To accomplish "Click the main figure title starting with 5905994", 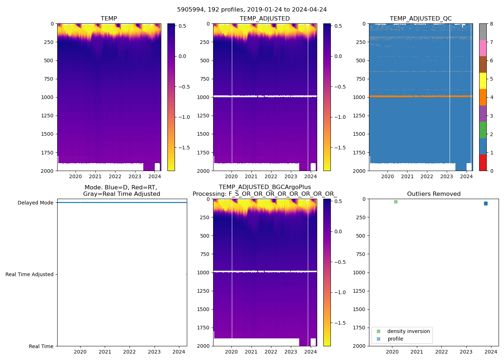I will [252, 10].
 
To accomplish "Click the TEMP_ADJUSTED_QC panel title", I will [420, 19].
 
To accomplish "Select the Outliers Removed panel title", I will [434, 194].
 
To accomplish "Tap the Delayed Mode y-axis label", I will [35, 203].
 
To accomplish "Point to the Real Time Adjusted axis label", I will [30, 274].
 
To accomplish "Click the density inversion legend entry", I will [408, 331].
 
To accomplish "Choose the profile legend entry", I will [395, 339].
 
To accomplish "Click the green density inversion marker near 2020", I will [396, 202].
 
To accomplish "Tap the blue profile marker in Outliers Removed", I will [486, 203].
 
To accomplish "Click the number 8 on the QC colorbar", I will [491, 24].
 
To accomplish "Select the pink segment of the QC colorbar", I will [483, 48].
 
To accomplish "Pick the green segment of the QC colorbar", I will [483, 130].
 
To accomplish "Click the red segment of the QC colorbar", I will [483, 163].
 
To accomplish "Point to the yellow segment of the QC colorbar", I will [483, 81].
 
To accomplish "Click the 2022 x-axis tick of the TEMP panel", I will [115, 176].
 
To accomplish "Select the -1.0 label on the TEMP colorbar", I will [184, 117].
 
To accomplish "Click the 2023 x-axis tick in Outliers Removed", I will [466, 352].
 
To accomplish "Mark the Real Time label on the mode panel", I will [41, 346].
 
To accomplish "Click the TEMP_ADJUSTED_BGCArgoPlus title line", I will [265, 187].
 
